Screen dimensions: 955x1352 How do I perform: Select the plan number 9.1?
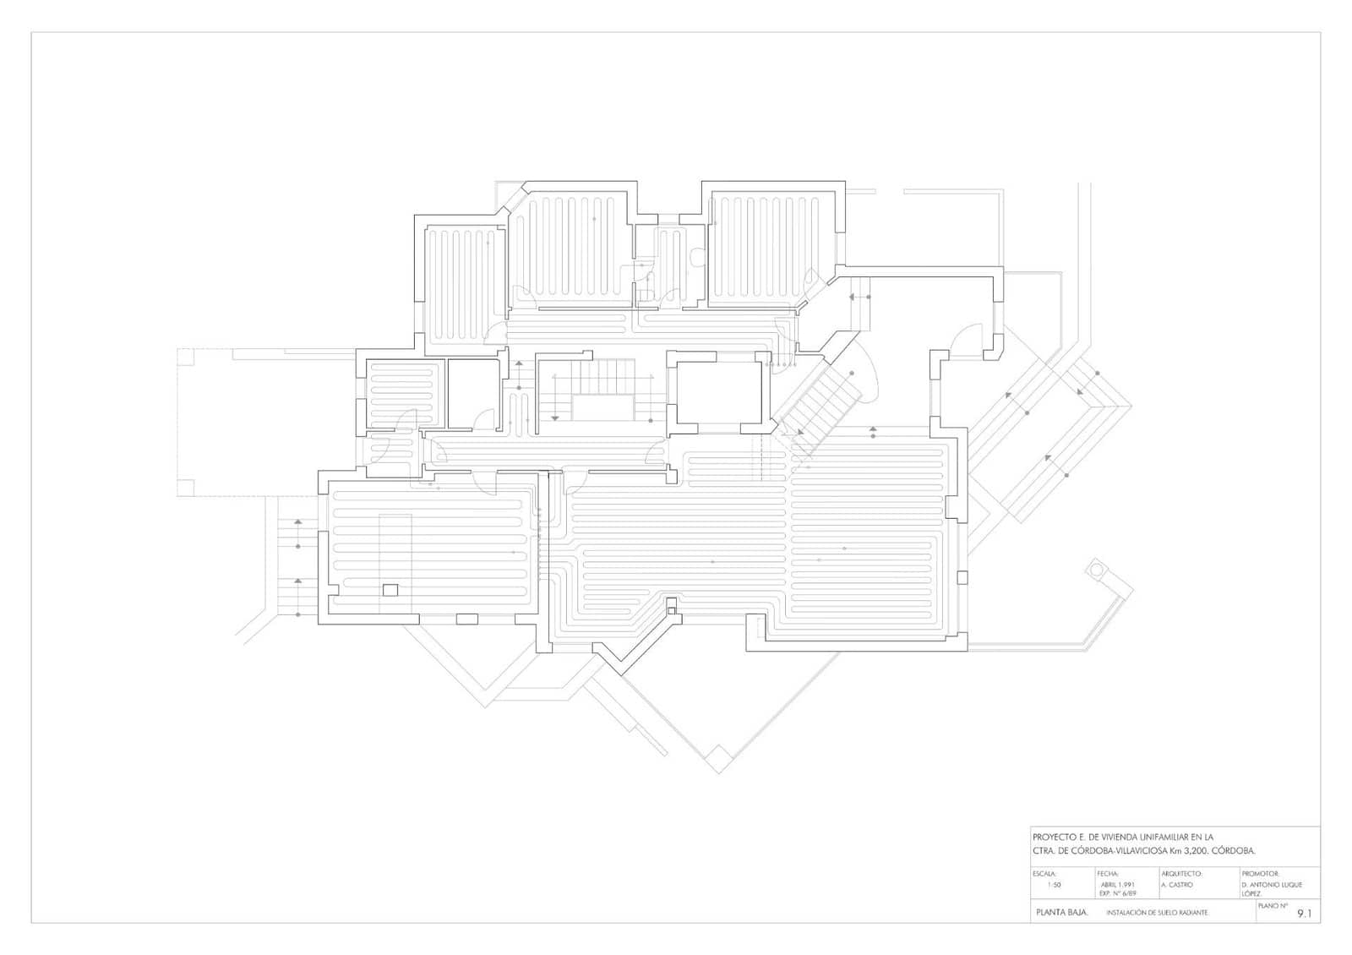click(1305, 913)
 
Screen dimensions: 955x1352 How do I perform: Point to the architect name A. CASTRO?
click(1177, 885)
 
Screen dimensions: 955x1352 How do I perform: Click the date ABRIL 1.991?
click(1117, 885)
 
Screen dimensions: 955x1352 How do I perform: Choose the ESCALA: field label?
click(1045, 873)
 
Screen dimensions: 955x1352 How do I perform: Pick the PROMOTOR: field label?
click(1261, 873)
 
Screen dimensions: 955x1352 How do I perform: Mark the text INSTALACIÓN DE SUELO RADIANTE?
click(1157, 913)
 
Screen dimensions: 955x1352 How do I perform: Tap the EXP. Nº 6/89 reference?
click(1117, 893)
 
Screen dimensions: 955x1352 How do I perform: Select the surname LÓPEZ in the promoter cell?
click(1251, 893)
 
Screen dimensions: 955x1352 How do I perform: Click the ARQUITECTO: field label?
click(1181, 873)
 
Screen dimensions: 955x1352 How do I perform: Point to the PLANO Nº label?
click(1273, 905)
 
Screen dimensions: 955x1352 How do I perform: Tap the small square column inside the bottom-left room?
click(390, 590)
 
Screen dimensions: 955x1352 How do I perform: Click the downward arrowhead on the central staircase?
click(554, 417)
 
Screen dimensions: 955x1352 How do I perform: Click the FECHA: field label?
click(1108, 873)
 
